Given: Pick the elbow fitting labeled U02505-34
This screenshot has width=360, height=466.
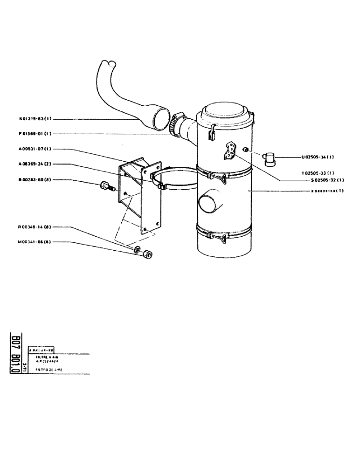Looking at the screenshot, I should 270,158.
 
